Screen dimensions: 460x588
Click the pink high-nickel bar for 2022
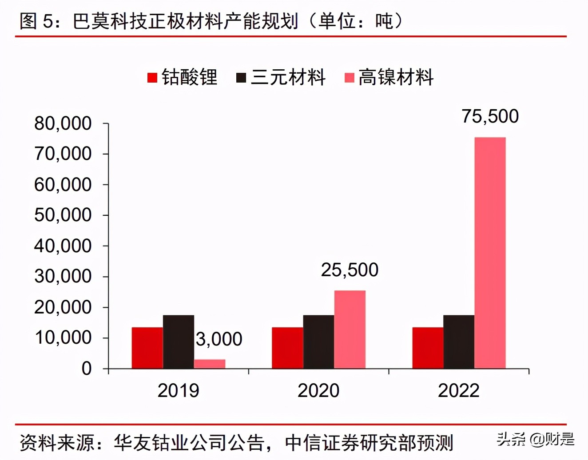pyautogui.click(x=490, y=253)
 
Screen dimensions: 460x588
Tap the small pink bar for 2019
pyautogui.click(x=210, y=364)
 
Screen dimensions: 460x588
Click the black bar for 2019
pyautogui.click(x=179, y=342)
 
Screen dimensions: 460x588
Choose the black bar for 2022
pyautogui.click(x=459, y=342)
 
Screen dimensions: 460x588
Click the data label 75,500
pyautogui.click(x=490, y=116)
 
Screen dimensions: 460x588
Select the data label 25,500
pyautogui.click(x=350, y=270)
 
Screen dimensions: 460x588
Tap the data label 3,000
pyautogui.click(x=219, y=339)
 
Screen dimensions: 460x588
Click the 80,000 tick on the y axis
pyautogui.click(x=63, y=123)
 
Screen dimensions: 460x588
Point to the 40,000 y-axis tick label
pyautogui.click(x=63, y=246)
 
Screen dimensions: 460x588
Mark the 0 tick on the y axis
pyautogui.click(x=87, y=369)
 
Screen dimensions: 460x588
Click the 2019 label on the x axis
pyautogui.click(x=179, y=391)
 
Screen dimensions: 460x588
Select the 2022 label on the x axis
pyautogui.click(x=459, y=391)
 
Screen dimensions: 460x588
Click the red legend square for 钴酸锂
pyautogui.click(x=152, y=78)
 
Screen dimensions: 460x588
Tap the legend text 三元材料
pyautogui.click(x=288, y=77)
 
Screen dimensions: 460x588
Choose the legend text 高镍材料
pyautogui.click(x=396, y=77)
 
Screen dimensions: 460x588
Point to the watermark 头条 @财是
pyautogui.click(x=535, y=439)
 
